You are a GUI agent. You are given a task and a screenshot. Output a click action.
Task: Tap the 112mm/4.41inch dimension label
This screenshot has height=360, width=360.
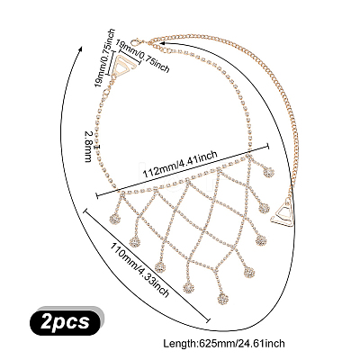click(x=180, y=165)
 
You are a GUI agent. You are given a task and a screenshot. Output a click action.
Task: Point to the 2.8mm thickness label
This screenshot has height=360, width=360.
click(x=88, y=147)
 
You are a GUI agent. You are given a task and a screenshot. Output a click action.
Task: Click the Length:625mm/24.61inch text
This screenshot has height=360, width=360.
click(x=224, y=343)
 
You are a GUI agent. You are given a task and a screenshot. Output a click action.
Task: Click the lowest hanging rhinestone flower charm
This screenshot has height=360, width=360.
click(x=222, y=299)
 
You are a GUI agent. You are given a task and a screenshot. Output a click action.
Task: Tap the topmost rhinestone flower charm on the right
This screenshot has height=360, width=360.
click(x=268, y=172)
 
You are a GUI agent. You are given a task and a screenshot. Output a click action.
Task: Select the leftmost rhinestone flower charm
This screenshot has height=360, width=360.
click(x=114, y=219)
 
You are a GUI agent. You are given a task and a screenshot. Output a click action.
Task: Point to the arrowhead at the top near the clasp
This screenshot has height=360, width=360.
click(x=162, y=44)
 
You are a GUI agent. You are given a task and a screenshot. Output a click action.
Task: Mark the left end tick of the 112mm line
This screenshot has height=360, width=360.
click(x=96, y=195)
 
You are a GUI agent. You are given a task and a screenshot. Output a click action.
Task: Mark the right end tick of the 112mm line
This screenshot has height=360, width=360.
click(x=267, y=146)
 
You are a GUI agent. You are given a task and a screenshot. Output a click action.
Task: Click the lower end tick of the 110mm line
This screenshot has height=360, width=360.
click(x=209, y=320)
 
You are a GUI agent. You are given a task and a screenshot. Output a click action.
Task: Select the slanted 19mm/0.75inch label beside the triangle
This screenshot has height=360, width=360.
click(x=143, y=56)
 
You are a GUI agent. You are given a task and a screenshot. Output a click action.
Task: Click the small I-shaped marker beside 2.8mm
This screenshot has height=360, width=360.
click(x=98, y=147)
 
